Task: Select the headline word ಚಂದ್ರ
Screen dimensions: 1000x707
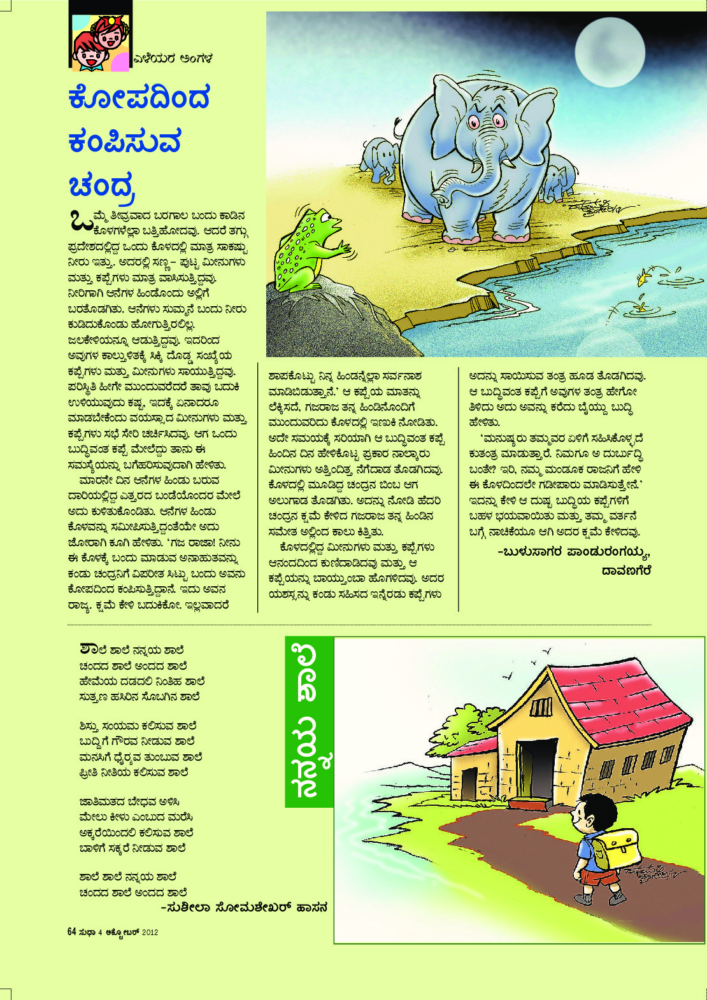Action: pos(102,185)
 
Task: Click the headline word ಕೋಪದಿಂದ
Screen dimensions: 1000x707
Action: pos(139,99)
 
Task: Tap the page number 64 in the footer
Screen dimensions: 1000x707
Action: pos(71,932)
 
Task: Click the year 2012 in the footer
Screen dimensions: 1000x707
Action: pos(150,933)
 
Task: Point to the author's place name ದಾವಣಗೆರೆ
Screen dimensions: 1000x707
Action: pos(626,571)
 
